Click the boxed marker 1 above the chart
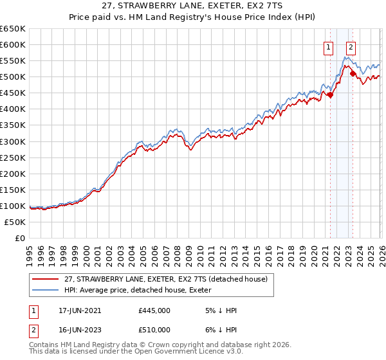[329, 47]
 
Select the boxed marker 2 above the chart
[351, 47]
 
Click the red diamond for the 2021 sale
[330, 95]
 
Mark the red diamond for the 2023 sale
[353, 74]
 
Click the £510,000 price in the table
[154, 330]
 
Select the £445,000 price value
[154, 310]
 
